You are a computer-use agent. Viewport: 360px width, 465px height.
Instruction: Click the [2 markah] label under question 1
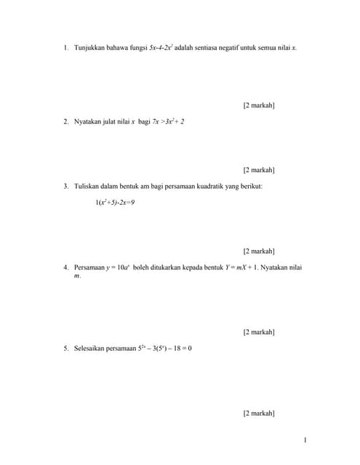tap(258, 106)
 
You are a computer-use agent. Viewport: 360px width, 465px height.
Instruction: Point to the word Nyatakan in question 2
tap(88, 121)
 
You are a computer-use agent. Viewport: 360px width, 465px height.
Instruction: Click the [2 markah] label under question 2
tap(258, 170)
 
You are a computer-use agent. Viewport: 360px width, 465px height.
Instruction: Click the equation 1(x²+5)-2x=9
tap(114, 202)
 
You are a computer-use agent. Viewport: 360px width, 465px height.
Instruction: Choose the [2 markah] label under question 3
tap(258, 251)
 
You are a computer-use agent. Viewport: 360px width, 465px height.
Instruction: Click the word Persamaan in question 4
tap(89, 267)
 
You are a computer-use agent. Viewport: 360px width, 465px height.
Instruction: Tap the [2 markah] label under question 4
tap(258, 332)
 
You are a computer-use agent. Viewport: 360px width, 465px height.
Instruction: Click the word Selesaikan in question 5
tap(89, 348)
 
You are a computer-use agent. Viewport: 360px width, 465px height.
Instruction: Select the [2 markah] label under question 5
tap(258, 413)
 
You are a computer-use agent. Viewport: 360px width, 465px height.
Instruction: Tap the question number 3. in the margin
tap(65, 187)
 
